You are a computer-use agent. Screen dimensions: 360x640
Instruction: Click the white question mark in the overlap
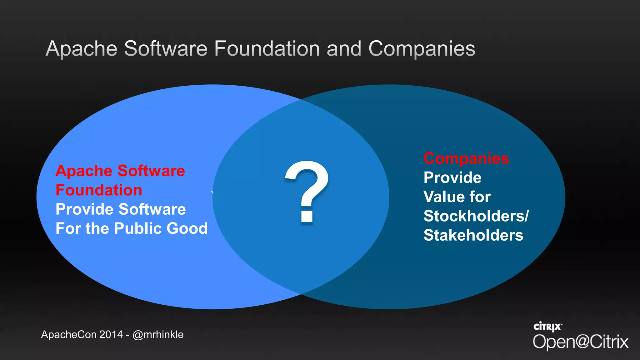tap(307, 191)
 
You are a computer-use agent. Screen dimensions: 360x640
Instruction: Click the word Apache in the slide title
tap(82, 49)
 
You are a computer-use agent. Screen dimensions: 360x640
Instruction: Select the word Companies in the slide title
tap(422, 49)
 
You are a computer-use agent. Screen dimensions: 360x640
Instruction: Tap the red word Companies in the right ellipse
tap(466, 158)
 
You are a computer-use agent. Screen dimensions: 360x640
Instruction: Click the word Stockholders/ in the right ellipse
tap(476, 216)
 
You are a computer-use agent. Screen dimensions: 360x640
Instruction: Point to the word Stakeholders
tap(473, 235)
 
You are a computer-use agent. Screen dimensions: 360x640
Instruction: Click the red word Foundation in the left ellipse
tap(99, 190)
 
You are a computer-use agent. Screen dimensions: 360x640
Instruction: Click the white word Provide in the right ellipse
tap(452, 178)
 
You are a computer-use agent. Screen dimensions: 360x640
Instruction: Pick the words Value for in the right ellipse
tap(457, 197)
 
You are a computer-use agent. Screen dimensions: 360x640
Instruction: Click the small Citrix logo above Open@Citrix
tap(547, 327)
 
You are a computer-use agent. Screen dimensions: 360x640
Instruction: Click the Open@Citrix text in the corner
tap(580, 342)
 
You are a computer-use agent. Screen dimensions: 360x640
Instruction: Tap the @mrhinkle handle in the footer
tap(158, 335)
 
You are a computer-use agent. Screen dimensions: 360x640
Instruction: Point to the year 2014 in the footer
tap(111, 335)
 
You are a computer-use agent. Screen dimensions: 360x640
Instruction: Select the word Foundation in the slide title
tap(267, 49)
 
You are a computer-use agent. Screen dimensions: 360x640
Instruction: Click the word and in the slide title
tap(344, 49)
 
